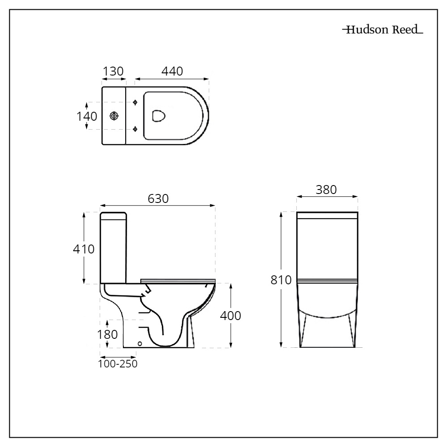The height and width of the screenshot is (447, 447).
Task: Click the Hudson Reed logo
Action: coord(382,30)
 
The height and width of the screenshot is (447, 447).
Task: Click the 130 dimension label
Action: coord(114,71)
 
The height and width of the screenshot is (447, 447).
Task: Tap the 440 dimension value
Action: coord(172,71)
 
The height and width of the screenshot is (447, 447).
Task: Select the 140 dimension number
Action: coord(86,116)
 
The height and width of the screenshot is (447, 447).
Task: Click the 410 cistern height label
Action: coord(84,249)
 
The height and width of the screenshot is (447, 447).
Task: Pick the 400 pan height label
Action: coord(231,316)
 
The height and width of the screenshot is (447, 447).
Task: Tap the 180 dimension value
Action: coord(107,334)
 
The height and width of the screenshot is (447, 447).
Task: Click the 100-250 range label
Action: coord(118,364)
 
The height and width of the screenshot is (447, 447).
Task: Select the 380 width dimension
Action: coord(326,190)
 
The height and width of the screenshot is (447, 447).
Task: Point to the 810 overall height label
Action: coord(281,280)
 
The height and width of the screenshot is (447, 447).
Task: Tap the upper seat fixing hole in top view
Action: coord(135,102)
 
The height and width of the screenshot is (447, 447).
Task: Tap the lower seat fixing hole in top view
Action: coord(135,129)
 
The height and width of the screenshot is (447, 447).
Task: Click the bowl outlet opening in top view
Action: coord(159,116)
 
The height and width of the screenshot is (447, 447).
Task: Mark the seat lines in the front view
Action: coord(327,282)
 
